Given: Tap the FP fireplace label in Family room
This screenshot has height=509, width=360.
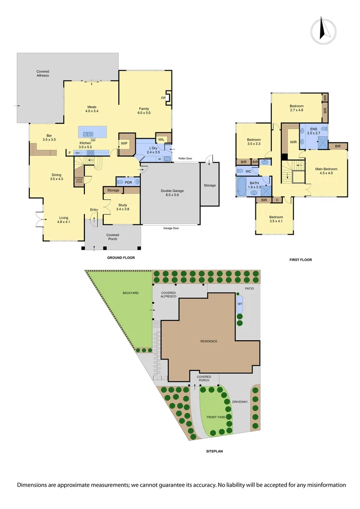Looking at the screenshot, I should click(x=163, y=98).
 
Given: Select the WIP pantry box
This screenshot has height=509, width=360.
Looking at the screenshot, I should click(x=124, y=143).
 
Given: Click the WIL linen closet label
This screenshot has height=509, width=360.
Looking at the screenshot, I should click(x=161, y=139).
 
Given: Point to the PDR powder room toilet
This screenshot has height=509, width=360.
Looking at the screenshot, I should click(x=120, y=182).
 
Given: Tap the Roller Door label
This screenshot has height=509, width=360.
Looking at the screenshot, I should click(x=185, y=158).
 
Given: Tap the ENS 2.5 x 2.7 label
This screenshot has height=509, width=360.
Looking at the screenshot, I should click(x=313, y=131).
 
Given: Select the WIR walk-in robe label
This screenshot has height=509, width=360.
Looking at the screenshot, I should click(x=293, y=142).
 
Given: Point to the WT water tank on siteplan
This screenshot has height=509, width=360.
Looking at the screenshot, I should click(x=240, y=304).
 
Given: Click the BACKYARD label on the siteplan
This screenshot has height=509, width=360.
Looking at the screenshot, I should click(x=131, y=293).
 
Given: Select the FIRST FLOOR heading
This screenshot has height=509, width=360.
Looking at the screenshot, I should click(x=301, y=260).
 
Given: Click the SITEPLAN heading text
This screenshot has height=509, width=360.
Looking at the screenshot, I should click(x=214, y=451).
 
